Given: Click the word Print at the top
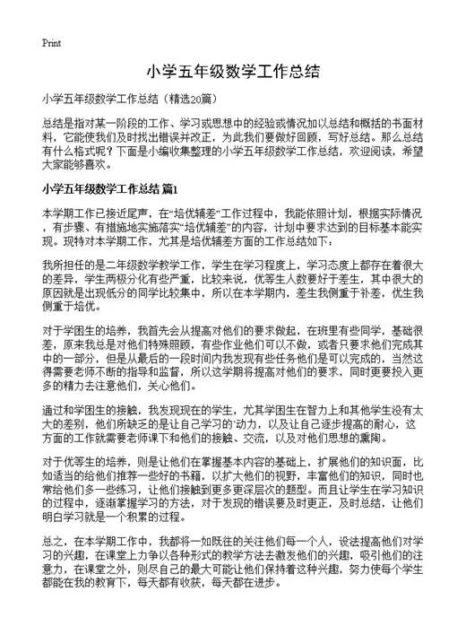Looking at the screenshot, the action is point(51,43).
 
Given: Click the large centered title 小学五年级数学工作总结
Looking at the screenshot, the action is point(232,70).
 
